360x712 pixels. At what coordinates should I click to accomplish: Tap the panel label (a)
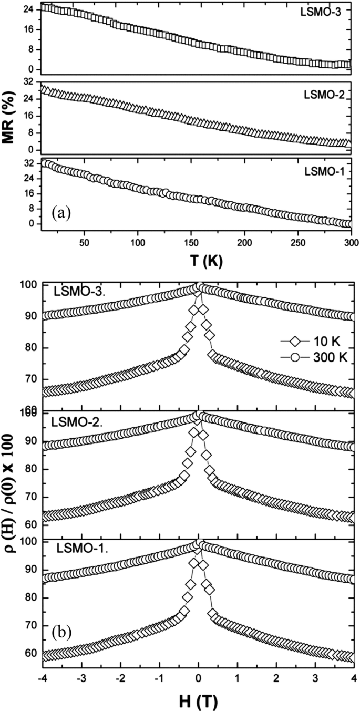click(x=61, y=213)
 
